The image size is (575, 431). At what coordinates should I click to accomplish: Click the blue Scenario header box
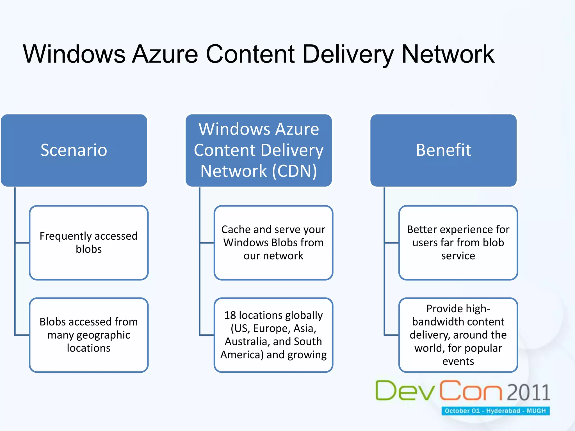pyautogui.click(x=74, y=150)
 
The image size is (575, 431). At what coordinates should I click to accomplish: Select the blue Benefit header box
pyautogui.click(x=443, y=150)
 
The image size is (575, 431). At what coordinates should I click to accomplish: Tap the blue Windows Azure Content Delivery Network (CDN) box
pyautogui.click(x=259, y=150)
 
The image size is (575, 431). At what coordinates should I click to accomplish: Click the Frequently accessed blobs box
pyautogui.click(x=89, y=243)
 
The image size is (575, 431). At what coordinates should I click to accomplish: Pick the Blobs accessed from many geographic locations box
pyautogui.click(x=89, y=335)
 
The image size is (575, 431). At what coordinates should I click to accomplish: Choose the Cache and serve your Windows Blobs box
pyautogui.click(x=273, y=243)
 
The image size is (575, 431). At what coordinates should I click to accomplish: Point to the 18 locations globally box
pyautogui.click(x=273, y=335)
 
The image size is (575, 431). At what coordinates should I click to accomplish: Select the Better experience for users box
pyautogui.click(x=458, y=243)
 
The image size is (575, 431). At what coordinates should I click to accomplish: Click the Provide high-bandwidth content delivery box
pyautogui.click(x=458, y=335)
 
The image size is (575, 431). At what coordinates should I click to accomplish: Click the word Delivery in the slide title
pyautogui.click(x=348, y=54)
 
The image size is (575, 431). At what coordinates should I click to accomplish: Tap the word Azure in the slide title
pyautogui.click(x=165, y=54)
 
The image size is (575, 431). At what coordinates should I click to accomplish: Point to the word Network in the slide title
pyautogui.click(x=448, y=54)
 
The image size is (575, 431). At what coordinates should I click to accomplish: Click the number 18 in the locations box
pyautogui.click(x=230, y=315)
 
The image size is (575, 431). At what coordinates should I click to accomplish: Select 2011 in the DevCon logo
pyautogui.click(x=528, y=392)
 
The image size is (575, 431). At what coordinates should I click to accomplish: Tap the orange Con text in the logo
pyautogui.click(x=471, y=391)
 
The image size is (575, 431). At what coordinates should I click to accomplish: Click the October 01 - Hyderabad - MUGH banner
pyautogui.click(x=495, y=411)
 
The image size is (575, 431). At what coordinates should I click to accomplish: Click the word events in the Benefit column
pyautogui.click(x=458, y=361)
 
